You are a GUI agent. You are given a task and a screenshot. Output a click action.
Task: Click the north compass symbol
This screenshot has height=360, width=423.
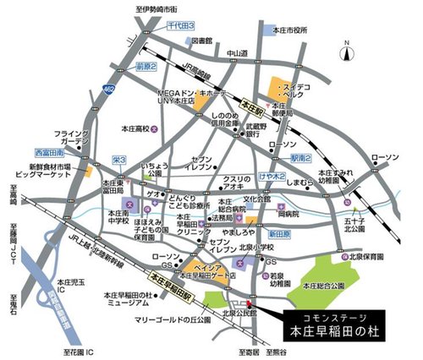click(347, 52)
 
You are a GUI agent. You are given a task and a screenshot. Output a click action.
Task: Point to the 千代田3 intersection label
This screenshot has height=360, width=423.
click(181, 26)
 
